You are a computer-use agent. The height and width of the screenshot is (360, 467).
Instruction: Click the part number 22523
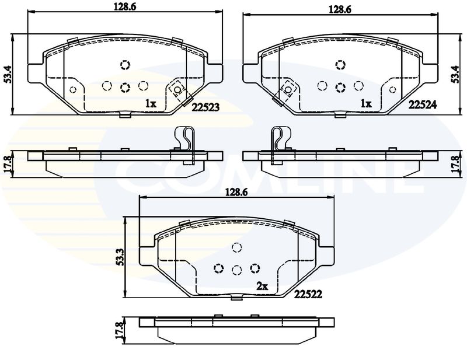[x=205, y=107]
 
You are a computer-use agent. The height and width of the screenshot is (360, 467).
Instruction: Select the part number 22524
[x=422, y=104]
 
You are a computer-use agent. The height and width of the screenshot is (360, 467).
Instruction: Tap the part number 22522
[x=308, y=294]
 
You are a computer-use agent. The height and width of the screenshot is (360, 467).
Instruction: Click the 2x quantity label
[x=262, y=286]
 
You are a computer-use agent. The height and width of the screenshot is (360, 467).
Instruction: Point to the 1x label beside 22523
[x=151, y=104]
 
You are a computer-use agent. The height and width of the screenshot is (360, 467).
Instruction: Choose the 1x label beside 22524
[x=366, y=104]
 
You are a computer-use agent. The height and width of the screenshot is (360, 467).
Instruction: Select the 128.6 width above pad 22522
[x=236, y=193]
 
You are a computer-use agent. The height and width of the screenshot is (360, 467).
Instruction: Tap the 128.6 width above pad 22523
[x=125, y=7]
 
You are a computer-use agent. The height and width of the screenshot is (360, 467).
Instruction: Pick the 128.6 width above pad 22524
[x=340, y=9]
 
